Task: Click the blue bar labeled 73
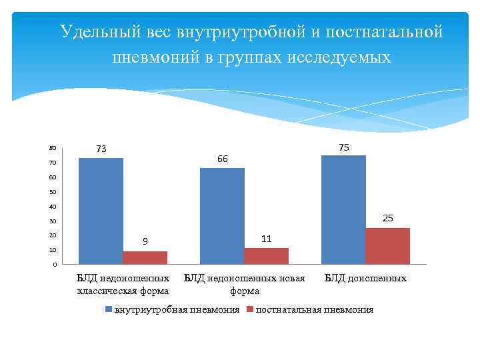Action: [x=101, y=211]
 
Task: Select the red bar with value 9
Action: [x=145, y=257]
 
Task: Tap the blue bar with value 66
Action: [x=222, y=216]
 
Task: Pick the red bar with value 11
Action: [x=266, y=256]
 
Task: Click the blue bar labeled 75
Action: [x=343, y=210]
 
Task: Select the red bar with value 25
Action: [x=387, y=246]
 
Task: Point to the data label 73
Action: [x=101, y=149]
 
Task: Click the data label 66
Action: [x=222, y=159]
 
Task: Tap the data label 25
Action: [x=387, y=218]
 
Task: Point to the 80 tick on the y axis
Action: [x=53, y=148]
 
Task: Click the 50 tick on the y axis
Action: [x=53, y=192]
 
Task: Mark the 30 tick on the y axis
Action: [x=53, y=221]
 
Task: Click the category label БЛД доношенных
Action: [x=365, y=279]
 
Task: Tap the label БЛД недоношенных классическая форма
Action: [x=123, y=285]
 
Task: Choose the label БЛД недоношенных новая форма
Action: [x=244, y=285]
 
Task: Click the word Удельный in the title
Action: [x=95, y=31]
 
